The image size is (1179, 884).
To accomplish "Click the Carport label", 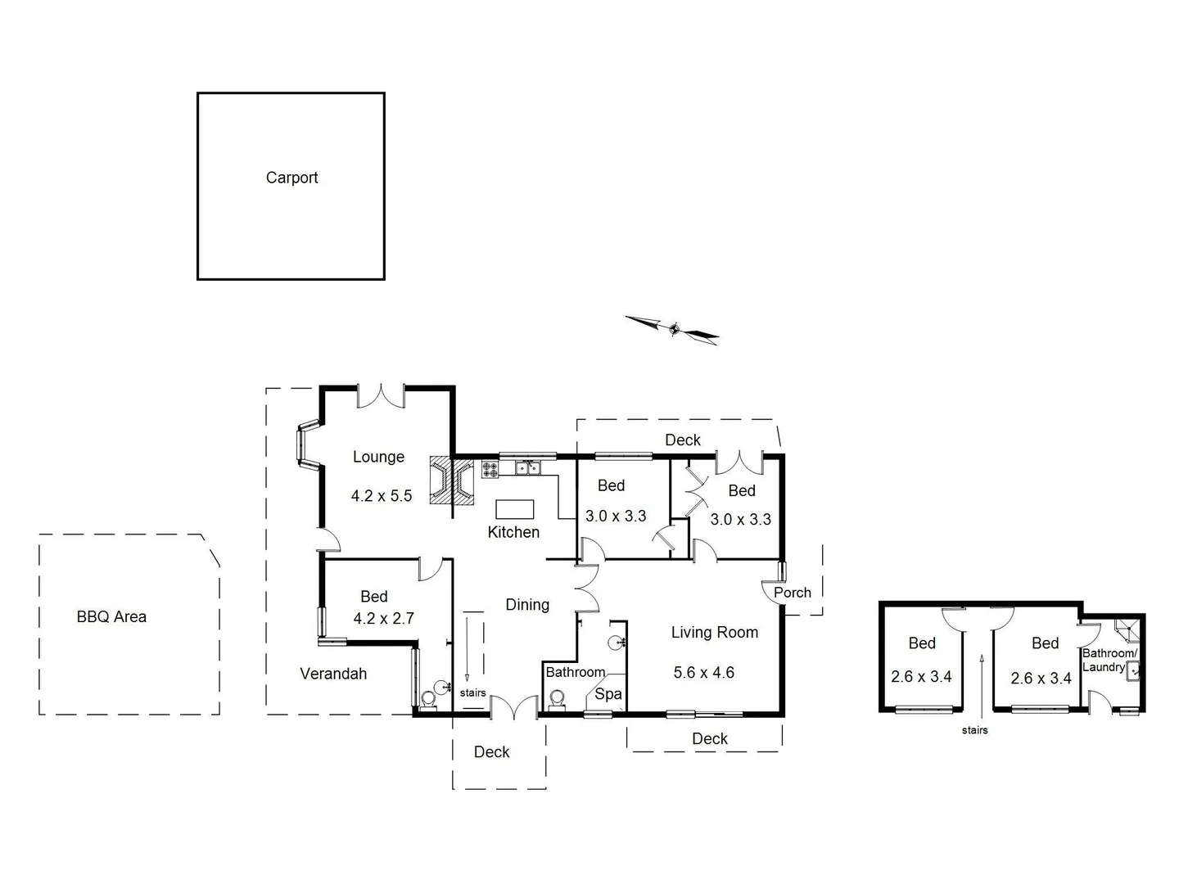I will [x=291, y=178].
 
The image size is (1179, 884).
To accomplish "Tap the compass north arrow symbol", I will [x=673, y=329].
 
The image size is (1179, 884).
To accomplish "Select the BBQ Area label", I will [x=111, y=617].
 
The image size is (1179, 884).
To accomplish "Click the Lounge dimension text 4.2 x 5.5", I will [x=382, y=496].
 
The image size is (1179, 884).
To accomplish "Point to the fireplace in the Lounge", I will [x=452, y=482].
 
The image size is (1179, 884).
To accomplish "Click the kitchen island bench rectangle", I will [x=514, y=509].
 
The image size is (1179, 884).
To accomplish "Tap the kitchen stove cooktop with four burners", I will [x=490, y=469].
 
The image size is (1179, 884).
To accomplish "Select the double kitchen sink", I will [x=527, y=468].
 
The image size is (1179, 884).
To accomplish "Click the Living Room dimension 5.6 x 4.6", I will [x=703, y=673].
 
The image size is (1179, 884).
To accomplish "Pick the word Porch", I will [x=792, y=593].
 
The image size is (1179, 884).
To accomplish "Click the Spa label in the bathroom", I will [x=608, y=695].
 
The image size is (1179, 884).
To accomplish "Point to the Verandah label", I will [x=333, y=674].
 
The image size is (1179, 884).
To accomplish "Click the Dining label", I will [x=527, y=605].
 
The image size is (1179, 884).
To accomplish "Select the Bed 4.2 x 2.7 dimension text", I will [x=383, y=619].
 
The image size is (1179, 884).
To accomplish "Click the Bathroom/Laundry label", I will [x=1109, y=660].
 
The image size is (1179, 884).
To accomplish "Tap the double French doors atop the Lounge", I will [x=381, y=396].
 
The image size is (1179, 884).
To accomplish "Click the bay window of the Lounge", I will [x=308, y=445].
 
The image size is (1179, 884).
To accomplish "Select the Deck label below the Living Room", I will [x=709, y=739].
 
